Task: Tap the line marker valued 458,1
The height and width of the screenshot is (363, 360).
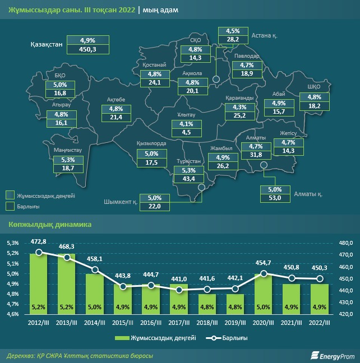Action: (95, 269)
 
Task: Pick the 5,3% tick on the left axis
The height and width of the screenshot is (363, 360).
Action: (12, 243)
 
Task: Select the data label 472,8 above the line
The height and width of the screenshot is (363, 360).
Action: (39, 241)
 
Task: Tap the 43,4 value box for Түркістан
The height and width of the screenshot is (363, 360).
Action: (185, 178)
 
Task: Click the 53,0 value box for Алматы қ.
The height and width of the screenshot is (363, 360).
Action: (275, 197)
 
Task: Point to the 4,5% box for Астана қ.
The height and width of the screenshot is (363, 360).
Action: (233, 31)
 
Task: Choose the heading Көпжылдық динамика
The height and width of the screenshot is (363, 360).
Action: (50, 225)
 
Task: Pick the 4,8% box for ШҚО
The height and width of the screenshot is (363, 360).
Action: (314, 97)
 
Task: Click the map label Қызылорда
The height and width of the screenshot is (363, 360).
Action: (151, 143)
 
